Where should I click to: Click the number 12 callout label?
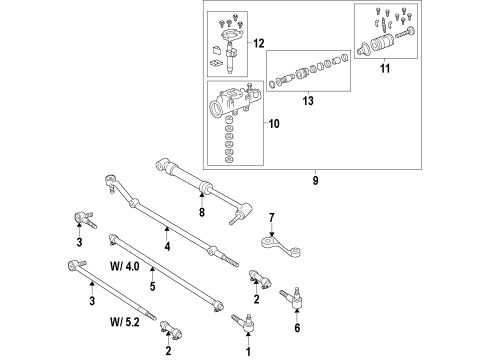coord(259,43)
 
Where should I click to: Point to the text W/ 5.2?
coord(127,323)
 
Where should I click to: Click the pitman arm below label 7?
coord(273,243)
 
